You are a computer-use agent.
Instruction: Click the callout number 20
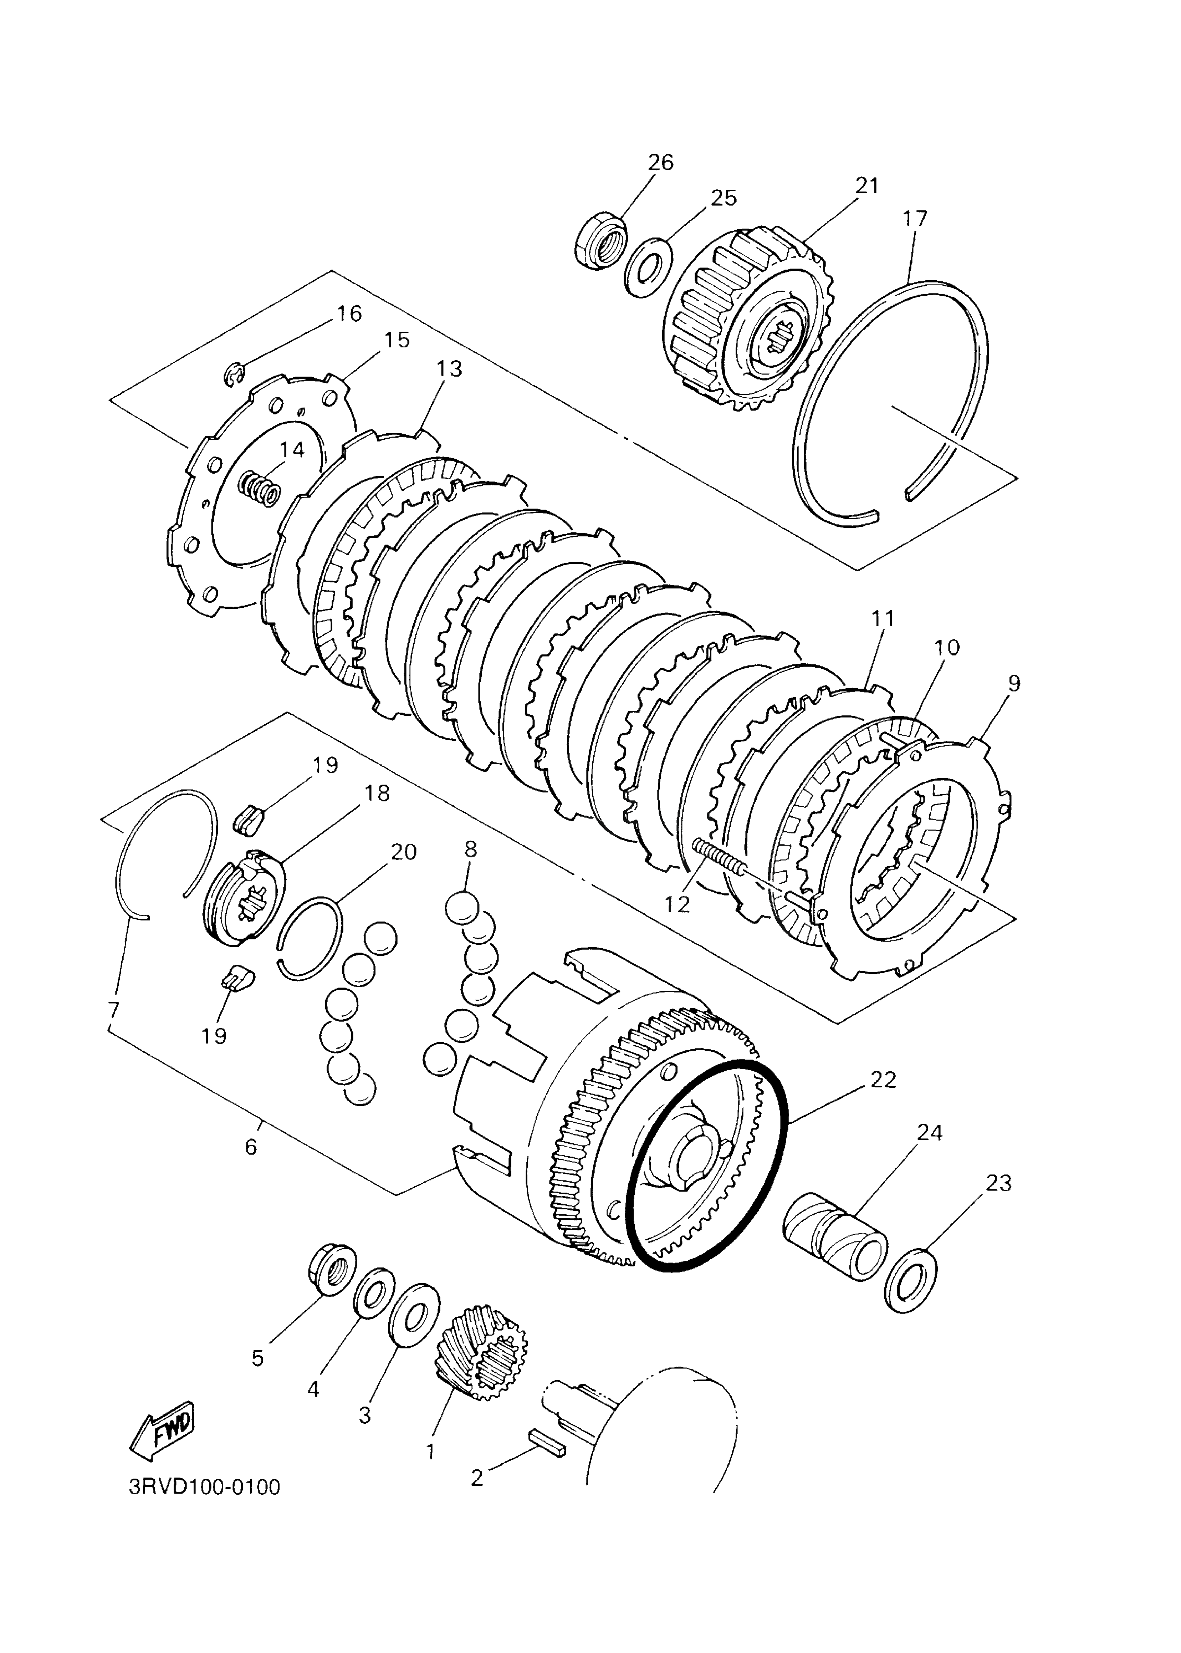[x=403, y=852]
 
